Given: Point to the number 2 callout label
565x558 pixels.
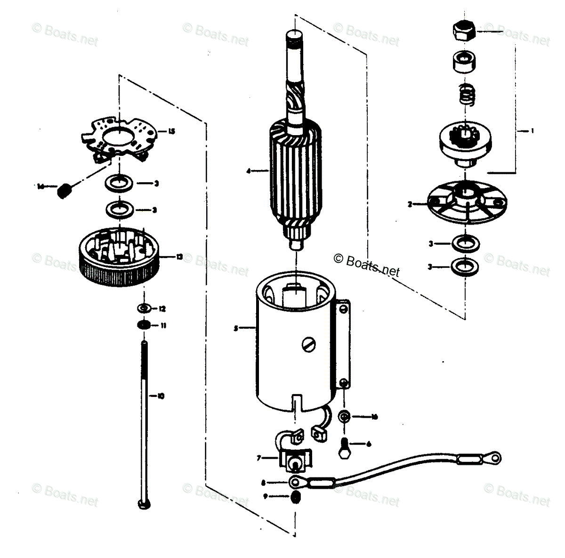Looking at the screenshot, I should coord(410,204).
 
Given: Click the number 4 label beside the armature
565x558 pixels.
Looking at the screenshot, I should coord(248,171).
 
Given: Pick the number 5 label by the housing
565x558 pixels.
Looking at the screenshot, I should coord(235,329).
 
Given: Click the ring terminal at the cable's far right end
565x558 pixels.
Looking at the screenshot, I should coord(495,456).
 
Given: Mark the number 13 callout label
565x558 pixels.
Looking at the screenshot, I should coord(179,257).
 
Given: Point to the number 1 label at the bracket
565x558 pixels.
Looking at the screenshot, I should coord(532,131).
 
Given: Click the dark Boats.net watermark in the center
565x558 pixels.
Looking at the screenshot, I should coord(366,265).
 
